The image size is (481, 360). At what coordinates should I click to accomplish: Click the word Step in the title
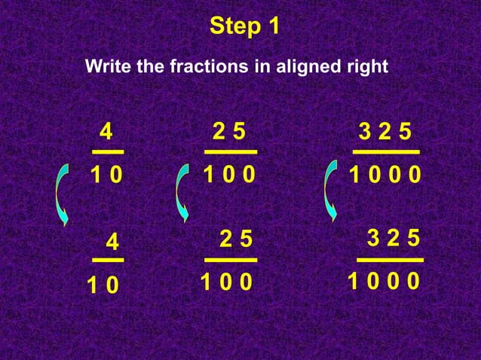(x=232, y=27)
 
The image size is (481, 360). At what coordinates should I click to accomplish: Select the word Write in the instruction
(x=106, y=66)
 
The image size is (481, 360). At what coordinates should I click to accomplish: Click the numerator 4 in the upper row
(x=106, y=133)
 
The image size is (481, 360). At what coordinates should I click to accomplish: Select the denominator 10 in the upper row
(x=106, y=175)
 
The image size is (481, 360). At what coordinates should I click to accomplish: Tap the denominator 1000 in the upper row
(x=385, y=175)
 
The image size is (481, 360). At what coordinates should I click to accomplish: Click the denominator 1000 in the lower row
(x=384, y=282)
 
